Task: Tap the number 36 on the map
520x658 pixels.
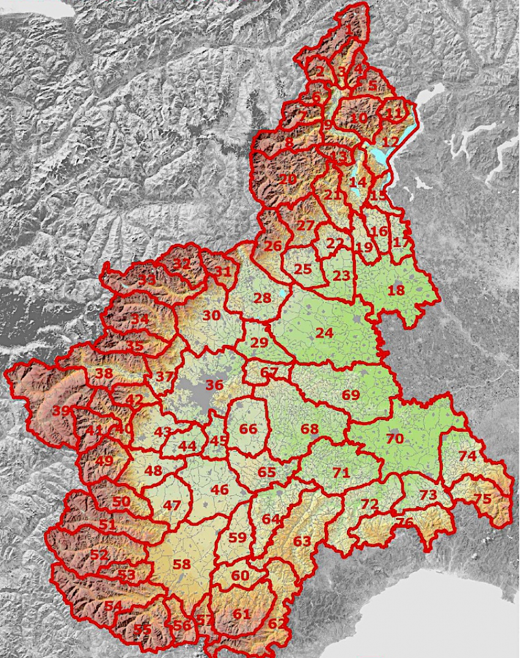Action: (x=214, y=385)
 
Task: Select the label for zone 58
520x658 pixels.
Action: (x=182, y=564)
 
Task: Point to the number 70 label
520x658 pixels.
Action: (x=395, y=438)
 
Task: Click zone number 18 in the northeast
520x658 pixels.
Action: (x=396, y=290)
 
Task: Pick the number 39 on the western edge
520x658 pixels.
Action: (x=61, y=411)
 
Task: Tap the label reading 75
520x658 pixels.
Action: (x=483, y=499)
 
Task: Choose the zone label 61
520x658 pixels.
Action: (x=242, y=613)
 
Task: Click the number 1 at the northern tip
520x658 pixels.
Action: (x=349, y=28)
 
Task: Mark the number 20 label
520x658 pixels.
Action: (x=288, y=179)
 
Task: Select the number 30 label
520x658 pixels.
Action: (x=211, y=316)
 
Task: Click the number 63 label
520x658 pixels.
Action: (x=302, y=541)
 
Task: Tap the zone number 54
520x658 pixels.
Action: (x=113, y=605)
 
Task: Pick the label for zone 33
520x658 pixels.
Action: (x=146, y=281)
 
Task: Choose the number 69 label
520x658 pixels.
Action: (x=351, y=395)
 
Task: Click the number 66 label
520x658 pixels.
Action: (x=248, y=429)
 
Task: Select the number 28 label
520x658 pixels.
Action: (x=262, y=298)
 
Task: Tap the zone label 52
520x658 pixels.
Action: (x=98, y=555)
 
